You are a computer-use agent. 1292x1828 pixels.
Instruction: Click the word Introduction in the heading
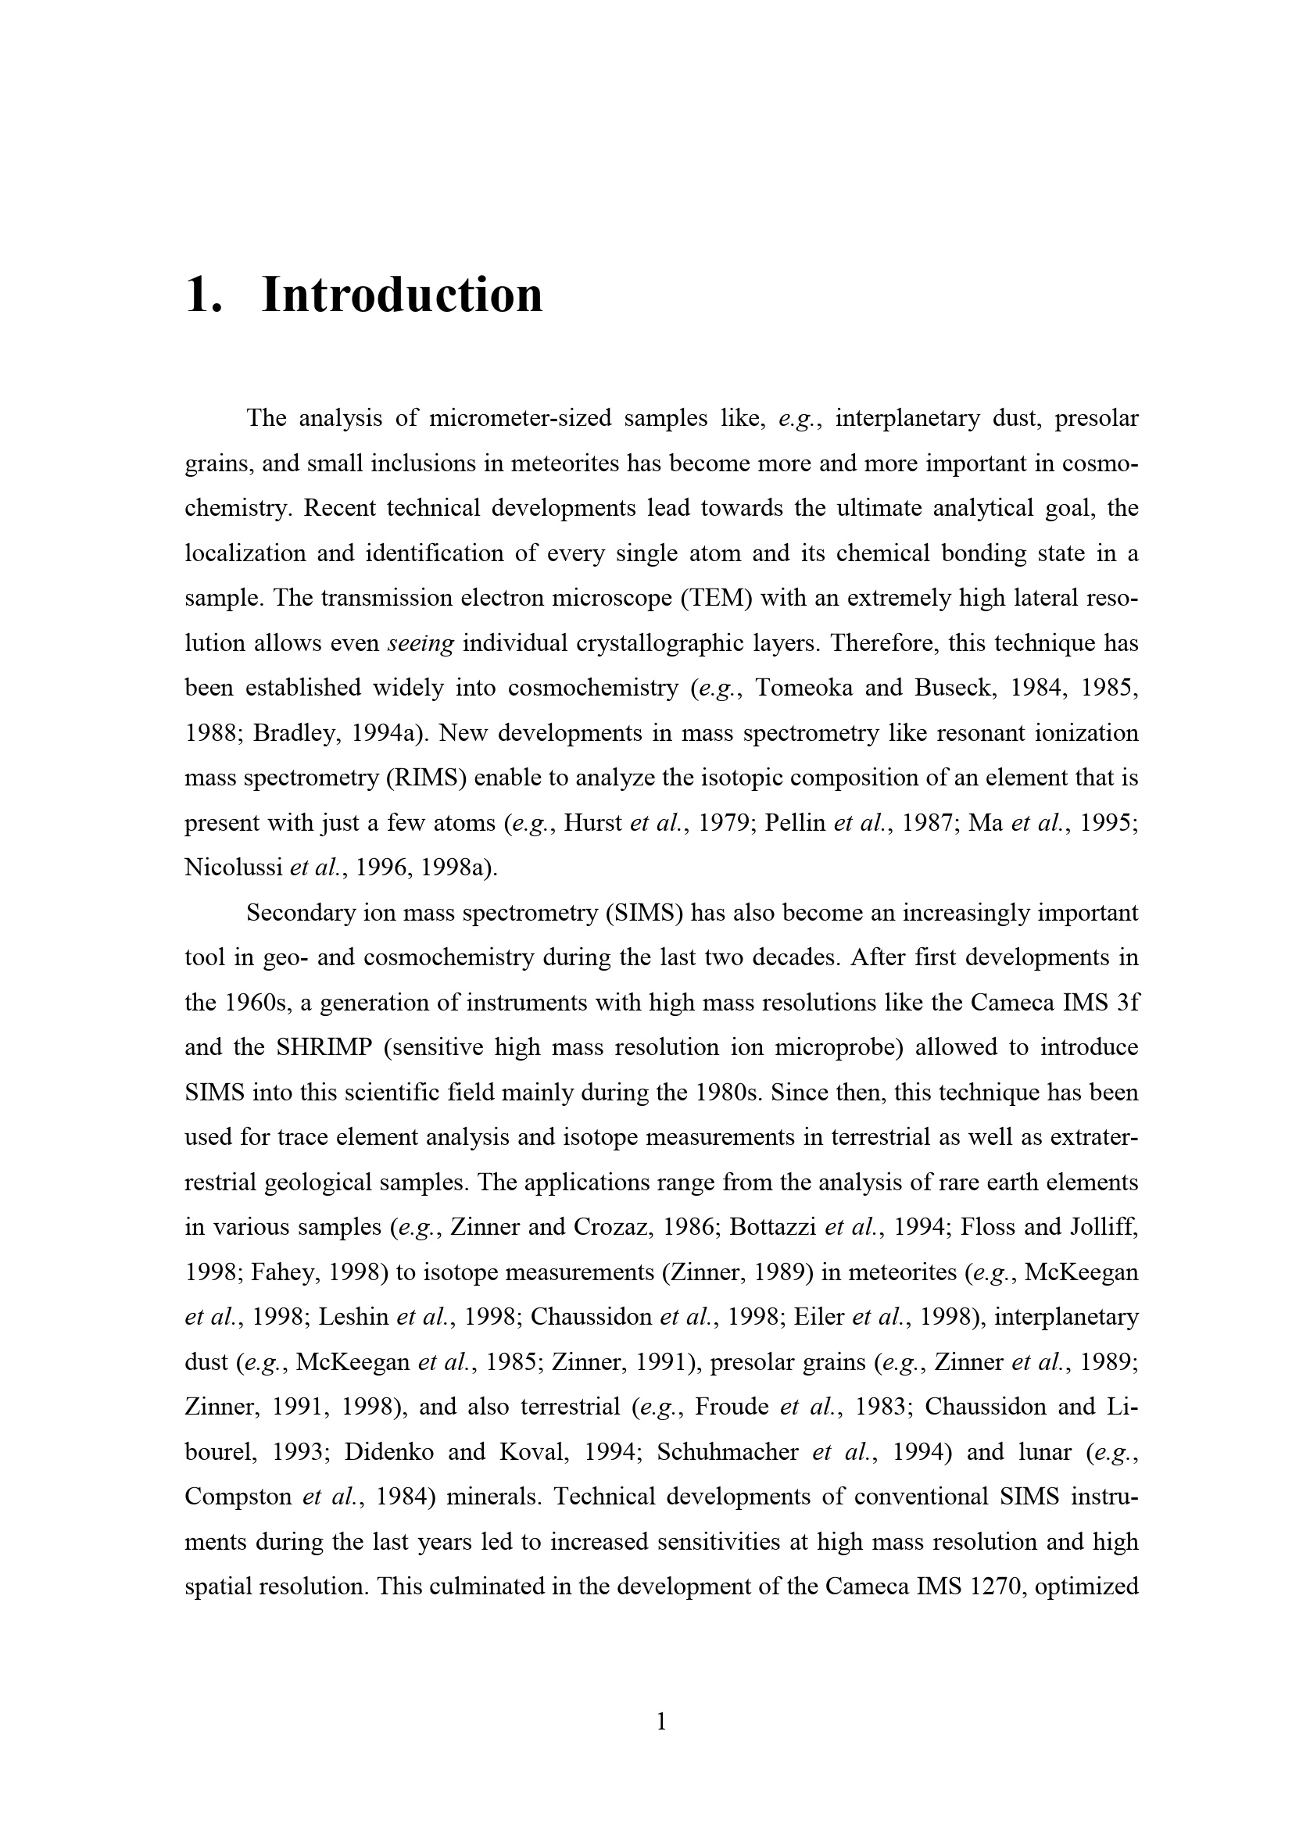point(402,295)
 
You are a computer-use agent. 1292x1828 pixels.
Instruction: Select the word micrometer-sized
point(519,418)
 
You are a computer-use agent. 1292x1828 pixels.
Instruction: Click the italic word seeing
point(420,642)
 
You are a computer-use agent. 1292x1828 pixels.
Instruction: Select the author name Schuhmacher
point(728,1451)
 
